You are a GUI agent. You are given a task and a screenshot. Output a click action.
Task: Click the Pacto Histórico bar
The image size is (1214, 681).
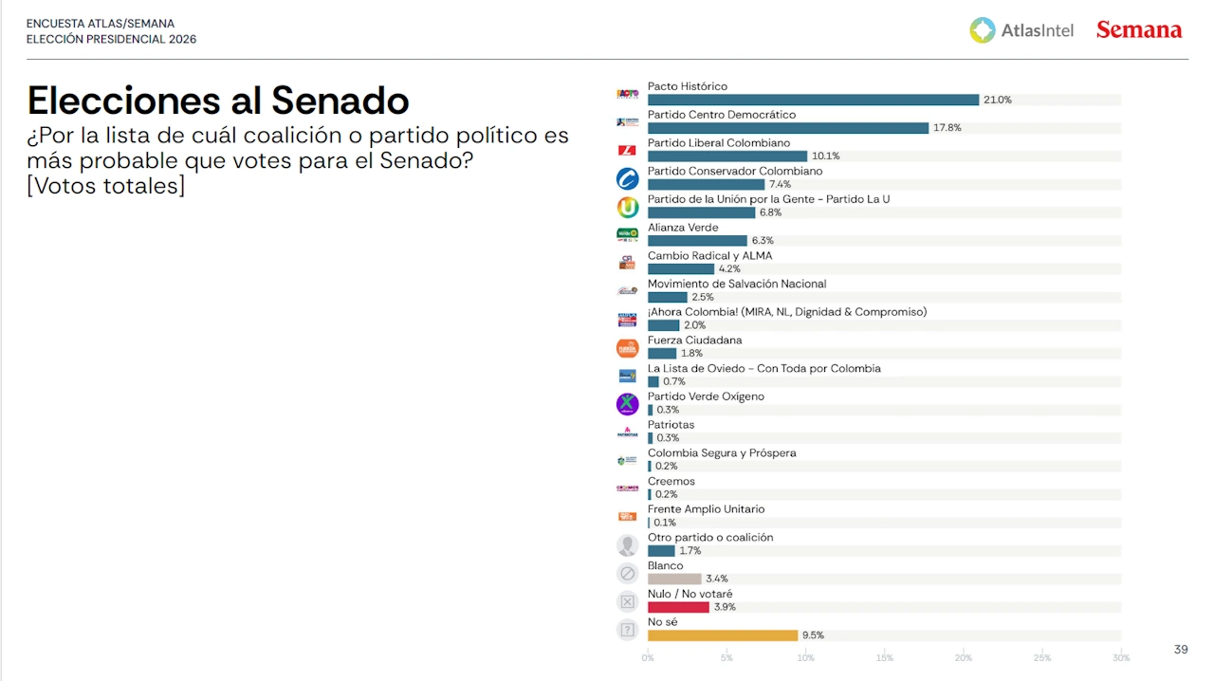tap(813, 100)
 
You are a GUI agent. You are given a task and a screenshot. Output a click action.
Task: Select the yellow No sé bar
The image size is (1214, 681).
tap(723, 635)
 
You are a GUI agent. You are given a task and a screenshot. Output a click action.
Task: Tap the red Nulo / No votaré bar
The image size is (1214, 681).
tap(678, 607)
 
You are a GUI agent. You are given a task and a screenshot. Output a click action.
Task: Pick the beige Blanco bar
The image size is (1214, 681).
tap(674, 579)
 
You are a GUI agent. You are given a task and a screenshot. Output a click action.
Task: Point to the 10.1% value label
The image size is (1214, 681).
tap(825, 156)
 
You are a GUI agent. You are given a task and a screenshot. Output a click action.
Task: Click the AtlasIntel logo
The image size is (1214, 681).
tap(1021, 30)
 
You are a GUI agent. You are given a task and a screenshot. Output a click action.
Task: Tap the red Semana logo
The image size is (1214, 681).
tap(1138, 30)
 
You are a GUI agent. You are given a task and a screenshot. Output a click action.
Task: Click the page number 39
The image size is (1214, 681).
tap(1181, 650)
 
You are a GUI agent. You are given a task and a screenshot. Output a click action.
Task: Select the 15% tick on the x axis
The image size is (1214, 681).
tap(884, 657)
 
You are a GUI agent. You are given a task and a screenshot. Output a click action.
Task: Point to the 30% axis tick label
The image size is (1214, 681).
tap(1121, 657)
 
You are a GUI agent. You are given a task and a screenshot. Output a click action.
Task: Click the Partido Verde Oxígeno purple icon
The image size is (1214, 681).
tap(627, 404)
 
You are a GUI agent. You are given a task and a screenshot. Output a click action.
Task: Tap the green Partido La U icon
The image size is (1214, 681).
tap(627, 207)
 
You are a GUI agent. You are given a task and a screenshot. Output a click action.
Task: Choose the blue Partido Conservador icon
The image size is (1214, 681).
tap(627, 178)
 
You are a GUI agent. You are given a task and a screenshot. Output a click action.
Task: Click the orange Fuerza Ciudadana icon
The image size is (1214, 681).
tap(627, 348)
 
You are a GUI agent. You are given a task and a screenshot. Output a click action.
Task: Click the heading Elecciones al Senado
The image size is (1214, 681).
tap(218, 101)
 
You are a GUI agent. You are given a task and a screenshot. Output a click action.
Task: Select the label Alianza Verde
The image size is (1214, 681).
tap(683, 228)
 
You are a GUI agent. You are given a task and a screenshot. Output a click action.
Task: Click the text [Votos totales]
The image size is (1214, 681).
tap(105, 186)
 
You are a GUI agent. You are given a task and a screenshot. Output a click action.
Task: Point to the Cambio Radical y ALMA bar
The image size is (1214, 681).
tap(680, 269)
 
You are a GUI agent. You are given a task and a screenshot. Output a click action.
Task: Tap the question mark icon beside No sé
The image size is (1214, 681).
tap(627, 629)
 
